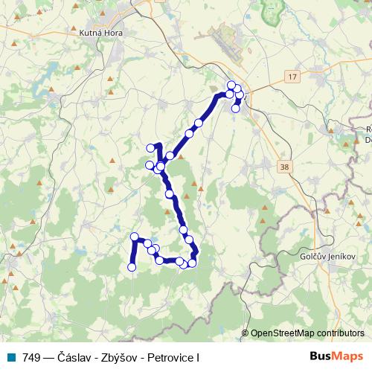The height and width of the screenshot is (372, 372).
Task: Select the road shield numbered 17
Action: (x=292, y=77)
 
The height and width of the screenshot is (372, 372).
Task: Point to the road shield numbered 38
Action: (x=285, y=167)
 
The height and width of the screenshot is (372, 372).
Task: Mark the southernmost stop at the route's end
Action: (x=132, y=267)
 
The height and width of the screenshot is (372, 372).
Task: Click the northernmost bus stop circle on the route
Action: (x=231, y=85)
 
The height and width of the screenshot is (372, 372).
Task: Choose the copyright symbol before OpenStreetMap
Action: (x=246, y=333)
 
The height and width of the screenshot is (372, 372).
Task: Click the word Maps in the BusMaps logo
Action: (x=348, y=357)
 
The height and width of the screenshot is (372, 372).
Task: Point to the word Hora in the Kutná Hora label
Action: (x=115, y=33)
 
